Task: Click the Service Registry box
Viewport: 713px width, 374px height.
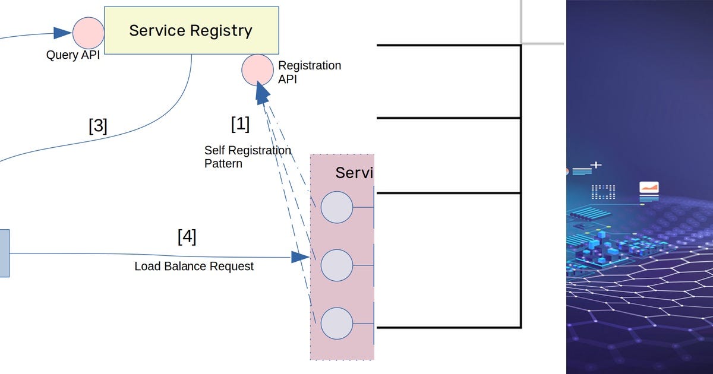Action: pos(191,30)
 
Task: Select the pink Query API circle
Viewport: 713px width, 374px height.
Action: pos(89,33)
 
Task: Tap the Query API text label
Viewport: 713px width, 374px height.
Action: pos(72,55)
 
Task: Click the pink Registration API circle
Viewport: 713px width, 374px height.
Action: pos(257,69)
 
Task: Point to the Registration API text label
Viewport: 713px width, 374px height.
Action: pos(309,72)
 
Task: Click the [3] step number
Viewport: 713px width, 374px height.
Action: pos(98,126)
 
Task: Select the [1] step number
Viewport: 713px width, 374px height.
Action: pos(240,124)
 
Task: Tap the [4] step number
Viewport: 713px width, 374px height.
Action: pos(187,236)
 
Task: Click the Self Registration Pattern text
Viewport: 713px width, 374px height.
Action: pos(247,157)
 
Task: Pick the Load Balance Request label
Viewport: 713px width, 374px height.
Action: pos(194,266)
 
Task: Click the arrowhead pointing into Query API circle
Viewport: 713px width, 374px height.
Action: pos(62,33)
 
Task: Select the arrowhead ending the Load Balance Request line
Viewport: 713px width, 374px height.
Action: pos(300,257)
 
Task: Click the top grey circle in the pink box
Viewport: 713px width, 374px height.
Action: pos(336,208)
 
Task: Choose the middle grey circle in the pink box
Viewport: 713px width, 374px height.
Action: pos(336,265)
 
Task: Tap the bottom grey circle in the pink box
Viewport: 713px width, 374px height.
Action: pos(336,323)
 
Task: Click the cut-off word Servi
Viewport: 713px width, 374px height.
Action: pos(354,173)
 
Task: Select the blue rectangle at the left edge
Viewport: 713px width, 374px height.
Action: pos(4,253)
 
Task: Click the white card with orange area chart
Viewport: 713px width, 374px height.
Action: pos(649,188)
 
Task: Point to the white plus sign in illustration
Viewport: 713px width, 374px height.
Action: pos(595,165)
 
